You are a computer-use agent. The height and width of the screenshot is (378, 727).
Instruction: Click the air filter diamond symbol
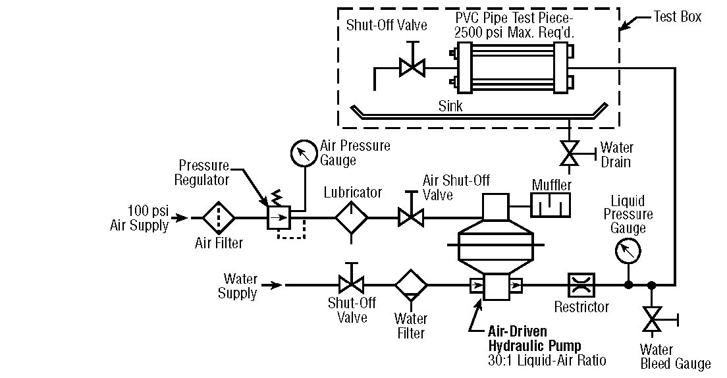click(x=218, y=217)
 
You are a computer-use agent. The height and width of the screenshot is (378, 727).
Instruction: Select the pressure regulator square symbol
click(x=277, y=217)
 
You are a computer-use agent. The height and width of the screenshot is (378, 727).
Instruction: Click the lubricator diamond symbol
click(x=352, y=217)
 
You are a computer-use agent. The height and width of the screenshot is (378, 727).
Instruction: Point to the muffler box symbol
click(x=552, y=205)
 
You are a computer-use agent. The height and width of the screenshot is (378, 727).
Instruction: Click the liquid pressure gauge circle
click(x=628, y=251)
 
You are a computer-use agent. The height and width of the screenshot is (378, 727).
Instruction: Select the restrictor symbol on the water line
click(x=581, y=285)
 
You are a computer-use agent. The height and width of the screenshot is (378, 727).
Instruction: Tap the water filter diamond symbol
click(x=411, y=285)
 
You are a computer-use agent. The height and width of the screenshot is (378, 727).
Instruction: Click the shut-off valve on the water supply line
click(x=352, y=284)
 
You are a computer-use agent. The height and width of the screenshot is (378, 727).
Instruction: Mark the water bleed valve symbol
click(x=652, y=320)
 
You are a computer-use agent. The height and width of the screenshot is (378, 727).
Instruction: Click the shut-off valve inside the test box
click(x=412, y=67)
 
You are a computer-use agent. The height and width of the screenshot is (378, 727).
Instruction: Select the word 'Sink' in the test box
click(x=450, y=105)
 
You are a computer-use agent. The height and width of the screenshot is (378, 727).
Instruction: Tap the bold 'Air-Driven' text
click(x=517, y=331)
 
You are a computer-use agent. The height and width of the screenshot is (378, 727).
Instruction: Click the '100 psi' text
click(x=148, y=211)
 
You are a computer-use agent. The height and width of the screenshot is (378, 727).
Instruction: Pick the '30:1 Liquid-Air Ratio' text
click(x=547, y=360)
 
